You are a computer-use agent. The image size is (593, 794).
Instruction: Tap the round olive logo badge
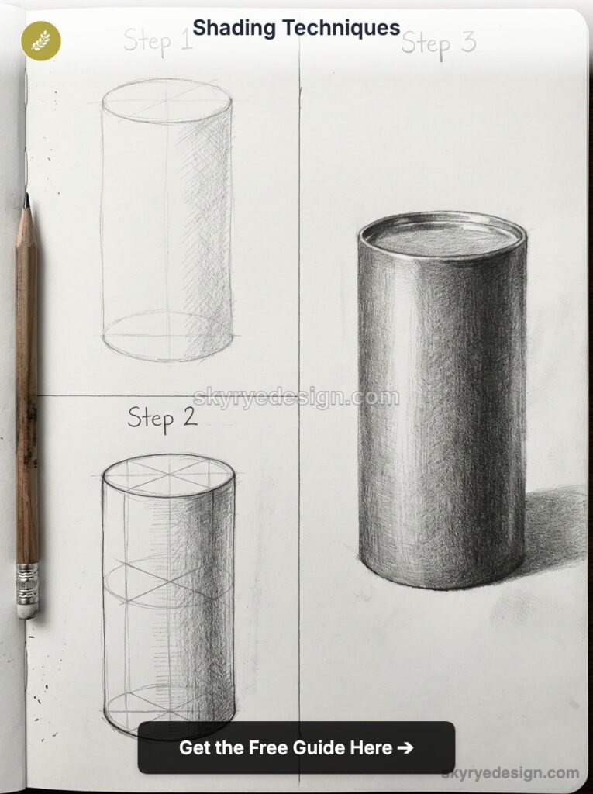point(40,40)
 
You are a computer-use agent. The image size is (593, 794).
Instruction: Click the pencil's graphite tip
point(27,201)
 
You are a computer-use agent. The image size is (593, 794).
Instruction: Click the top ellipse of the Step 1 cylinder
point(167,101)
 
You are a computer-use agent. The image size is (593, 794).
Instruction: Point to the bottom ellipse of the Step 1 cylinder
point(167,337)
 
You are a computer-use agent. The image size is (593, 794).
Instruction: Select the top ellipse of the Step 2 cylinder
point(168,475)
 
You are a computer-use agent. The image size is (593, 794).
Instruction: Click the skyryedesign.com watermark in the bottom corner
point(510,773)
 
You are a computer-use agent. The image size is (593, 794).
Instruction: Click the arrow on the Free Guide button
point(405,748)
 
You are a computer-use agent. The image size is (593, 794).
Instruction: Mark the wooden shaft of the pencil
point(27,388)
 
